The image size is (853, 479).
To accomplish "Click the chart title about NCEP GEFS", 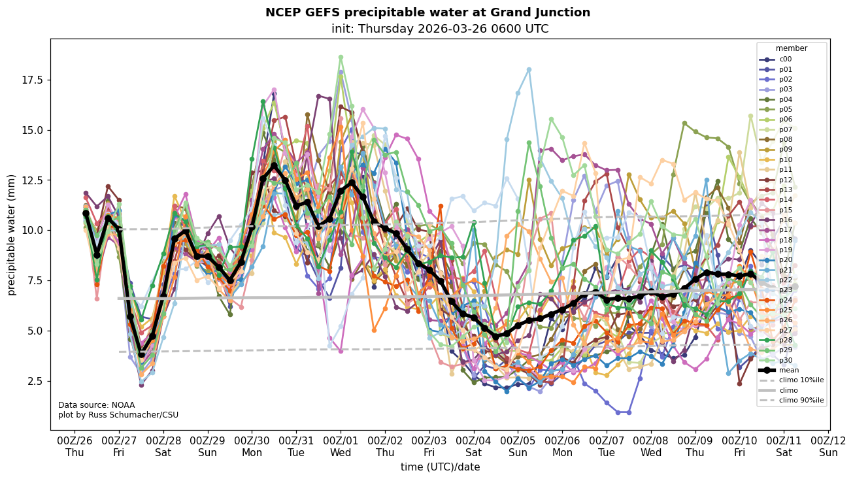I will point(427,12).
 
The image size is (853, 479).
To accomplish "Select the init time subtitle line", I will point(439,29).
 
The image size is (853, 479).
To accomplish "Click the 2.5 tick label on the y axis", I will point(34,381).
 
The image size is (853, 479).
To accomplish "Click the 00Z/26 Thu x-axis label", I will point(75,446).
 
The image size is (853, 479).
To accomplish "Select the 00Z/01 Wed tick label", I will point(341,446).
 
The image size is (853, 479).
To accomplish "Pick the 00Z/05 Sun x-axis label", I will point(518,446).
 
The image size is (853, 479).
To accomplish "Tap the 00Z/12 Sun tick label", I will point(828,446).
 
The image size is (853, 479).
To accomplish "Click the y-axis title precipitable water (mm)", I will point(12,235).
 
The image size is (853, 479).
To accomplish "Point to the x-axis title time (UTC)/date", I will point(440,467).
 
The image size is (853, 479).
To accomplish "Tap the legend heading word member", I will point(791,48).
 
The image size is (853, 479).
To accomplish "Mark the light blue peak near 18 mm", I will point(529,69).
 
